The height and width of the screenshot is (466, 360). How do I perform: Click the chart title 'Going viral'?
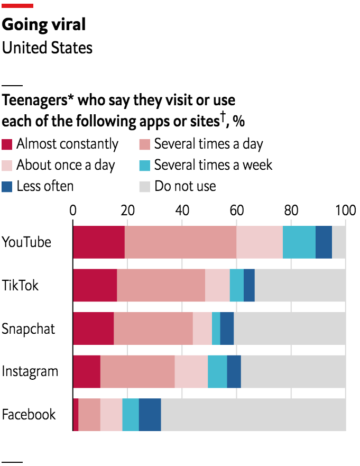coord(44,24)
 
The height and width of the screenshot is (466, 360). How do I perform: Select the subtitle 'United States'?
coord(47,48)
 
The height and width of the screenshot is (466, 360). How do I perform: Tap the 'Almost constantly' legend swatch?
coord(7,144)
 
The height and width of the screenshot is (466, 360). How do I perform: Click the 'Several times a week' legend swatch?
coord(145,165)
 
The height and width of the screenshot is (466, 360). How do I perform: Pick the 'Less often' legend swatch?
coord(7,186)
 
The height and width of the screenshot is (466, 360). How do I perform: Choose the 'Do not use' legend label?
coord(185,186)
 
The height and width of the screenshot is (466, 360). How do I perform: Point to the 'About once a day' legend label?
coord(66,165)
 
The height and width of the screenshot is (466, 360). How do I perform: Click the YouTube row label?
coord(26,242)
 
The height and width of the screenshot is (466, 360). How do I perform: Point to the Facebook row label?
coord(29,414)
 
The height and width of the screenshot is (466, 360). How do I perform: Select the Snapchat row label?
coord(28,328)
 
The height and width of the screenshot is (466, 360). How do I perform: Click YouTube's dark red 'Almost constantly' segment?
coord(99,242)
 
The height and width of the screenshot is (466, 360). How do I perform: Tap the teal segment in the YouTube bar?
coord(299,242)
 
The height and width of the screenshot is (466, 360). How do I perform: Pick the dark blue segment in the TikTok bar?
coord(249,285)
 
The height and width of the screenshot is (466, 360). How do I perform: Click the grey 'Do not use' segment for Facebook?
coord(253,414)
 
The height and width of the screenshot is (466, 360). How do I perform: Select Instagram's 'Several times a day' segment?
coord(137,371)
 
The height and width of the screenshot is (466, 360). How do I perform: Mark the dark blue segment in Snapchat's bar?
coord(227,328)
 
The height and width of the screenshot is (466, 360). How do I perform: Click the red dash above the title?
coord(17,6)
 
